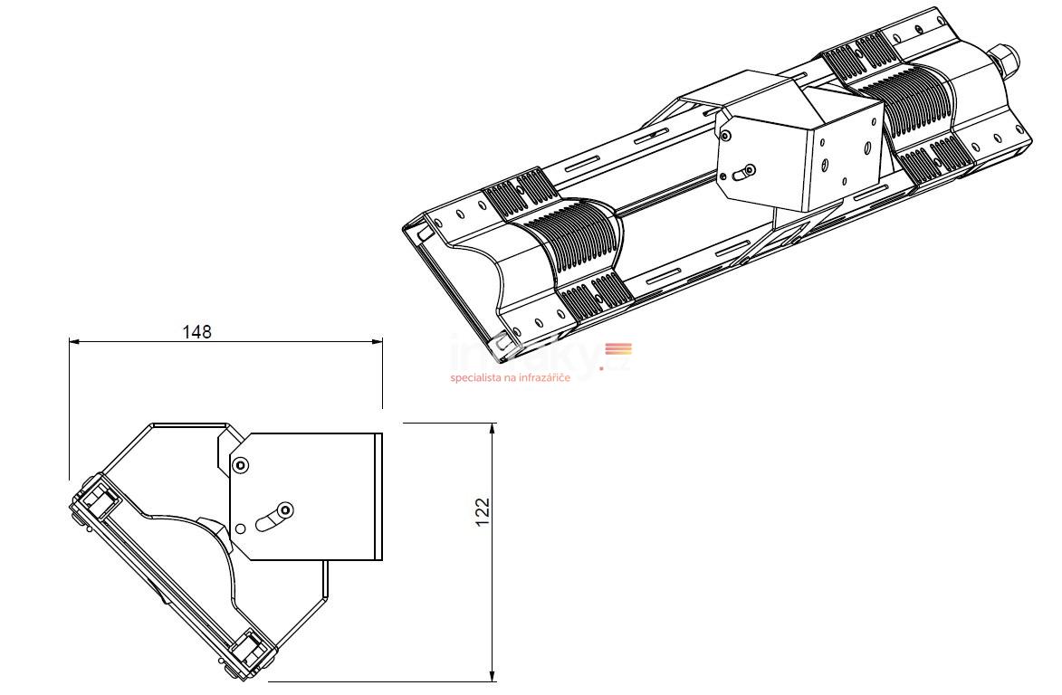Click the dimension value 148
coord(196,331)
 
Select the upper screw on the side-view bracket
coord(240,465)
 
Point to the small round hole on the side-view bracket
coord(240,528)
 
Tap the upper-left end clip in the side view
coord(95,497)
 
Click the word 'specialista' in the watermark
coord(475,377)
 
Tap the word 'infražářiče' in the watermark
coord(542,377)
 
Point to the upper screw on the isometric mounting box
coord(726,136)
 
